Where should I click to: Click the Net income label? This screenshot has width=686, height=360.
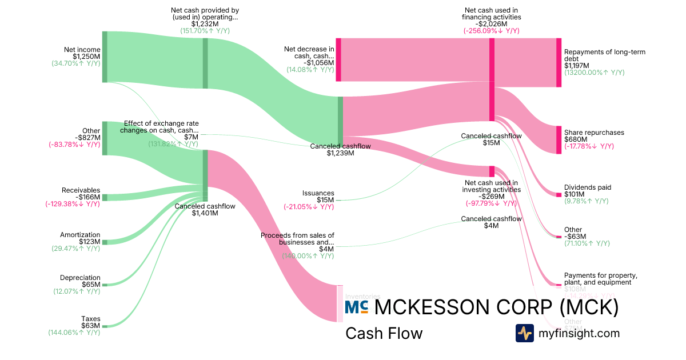pyautogui.click(x=82, y=50)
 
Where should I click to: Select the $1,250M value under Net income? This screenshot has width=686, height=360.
pyautogui.click(x=86, y=57)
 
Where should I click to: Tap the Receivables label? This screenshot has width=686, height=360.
pyautogui.click(x=81, y=190)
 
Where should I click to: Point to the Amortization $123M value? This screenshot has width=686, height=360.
pyautogui.click(x=89, y=242)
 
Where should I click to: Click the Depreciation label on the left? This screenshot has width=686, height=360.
pyautogui.click(x=80, y=278)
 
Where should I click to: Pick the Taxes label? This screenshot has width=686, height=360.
pyautogui.click(x=90, y=318)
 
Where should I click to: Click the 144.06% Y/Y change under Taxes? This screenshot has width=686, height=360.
pyautogui.click(x=74, y=332)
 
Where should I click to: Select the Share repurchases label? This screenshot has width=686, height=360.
pyautogui.click(x=594, y=133)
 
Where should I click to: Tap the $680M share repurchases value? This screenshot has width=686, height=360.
pyautogui.click(x=576, y=139)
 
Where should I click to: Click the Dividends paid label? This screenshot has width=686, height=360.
pyautogui.click(x=588, y=187)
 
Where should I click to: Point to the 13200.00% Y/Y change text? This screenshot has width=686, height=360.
pyautogui.click(x=594, y=73)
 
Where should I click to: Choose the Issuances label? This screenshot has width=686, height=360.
pyautogui.click(x=318, y=193)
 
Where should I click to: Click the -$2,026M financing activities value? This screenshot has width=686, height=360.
pyautogui.click(x=492, y=24)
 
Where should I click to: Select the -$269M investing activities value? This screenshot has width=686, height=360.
pyautogui.click(x=492, y=197)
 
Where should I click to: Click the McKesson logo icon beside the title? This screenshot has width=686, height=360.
pyautogui.click(x=356, y=307)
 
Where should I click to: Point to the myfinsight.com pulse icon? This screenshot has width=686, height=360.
pyautogui.click(x=525, y=333)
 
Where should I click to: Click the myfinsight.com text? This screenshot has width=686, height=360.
pyautogui.click(x=579, y=333)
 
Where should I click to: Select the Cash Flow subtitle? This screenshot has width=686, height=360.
pyautogui.click(x=384, y=334)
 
